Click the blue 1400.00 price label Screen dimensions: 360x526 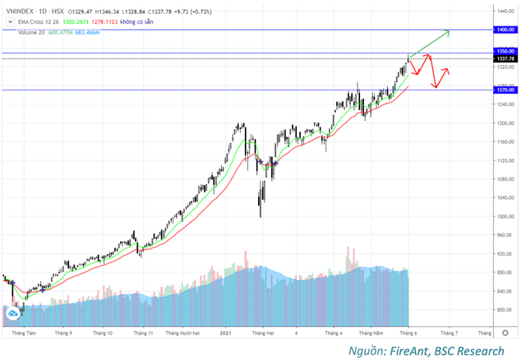pyautogui.click(x=505, y=29)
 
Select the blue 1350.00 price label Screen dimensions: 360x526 pyautogui.click(x=505, y=51)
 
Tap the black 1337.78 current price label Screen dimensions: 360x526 pyautogui.click(x=505, y=58)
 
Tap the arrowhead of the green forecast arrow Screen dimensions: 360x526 pyautogui.click(x=448, y=32)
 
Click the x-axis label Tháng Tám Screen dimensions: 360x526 pyautogui.click(x=25, y=334)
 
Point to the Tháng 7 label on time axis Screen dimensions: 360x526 pyautogui.click(x=448, y=334)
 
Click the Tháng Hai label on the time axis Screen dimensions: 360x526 pyautogui.click(x=263, y=334)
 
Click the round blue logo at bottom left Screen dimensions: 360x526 pyautogui.click(x=14, y=313)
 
